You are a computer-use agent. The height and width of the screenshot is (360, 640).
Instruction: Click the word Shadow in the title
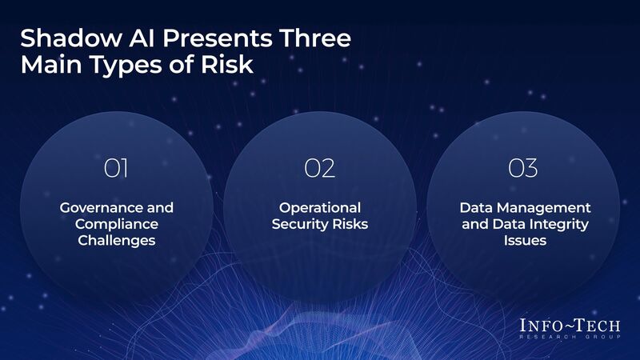pos(63,38)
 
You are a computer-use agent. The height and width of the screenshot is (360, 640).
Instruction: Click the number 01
pos(117,169)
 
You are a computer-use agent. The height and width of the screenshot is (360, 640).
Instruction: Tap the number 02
pos(320,169)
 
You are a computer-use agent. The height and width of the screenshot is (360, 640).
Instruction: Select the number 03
pos(523,169)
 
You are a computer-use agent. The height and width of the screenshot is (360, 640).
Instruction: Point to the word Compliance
pos(117,224)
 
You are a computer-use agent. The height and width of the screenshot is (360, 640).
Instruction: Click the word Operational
pos(320,207)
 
